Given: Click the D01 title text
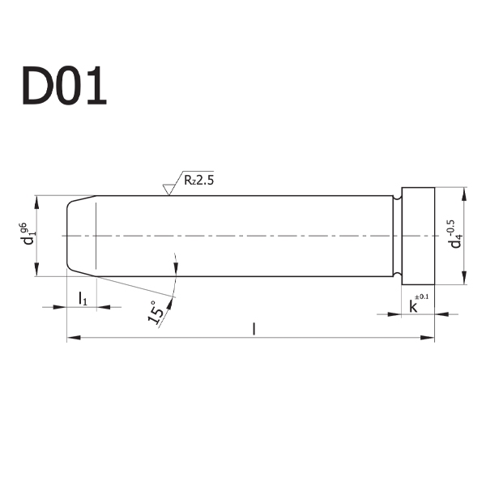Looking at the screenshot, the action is tap(64, 86).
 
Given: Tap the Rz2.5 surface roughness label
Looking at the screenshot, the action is tap(198, 180).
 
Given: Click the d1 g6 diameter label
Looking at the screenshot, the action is tap(28, 233).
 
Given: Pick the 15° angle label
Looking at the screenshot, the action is tap(156, 313).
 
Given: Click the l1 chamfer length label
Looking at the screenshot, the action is tap(83, 298).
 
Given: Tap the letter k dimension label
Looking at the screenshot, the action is tap(413, 306).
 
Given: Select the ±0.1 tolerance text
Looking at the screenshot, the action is tap(421, 296).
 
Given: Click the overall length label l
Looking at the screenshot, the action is tap(254, 329).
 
